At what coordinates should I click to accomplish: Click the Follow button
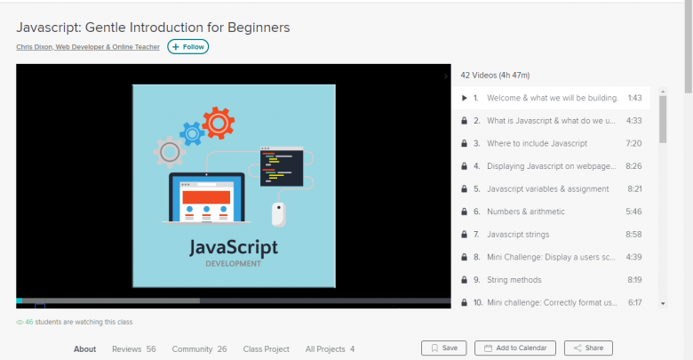187,47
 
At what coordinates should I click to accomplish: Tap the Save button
443,348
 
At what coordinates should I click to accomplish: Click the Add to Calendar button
515,348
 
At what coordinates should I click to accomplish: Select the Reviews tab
134,349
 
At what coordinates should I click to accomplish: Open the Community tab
199,349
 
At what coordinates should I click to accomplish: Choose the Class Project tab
266,349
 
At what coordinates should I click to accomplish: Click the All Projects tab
330,349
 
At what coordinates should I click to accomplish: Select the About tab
85,349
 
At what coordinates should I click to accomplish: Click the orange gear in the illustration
219,123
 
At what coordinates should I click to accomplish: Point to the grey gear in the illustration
170,152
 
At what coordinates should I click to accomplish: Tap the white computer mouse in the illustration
278,214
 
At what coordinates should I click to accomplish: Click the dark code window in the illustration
282,166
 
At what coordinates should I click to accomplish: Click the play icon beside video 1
464,98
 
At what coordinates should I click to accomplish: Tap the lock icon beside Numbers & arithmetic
464,212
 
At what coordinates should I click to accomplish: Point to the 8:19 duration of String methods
634,280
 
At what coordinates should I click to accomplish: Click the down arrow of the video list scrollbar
663,303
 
